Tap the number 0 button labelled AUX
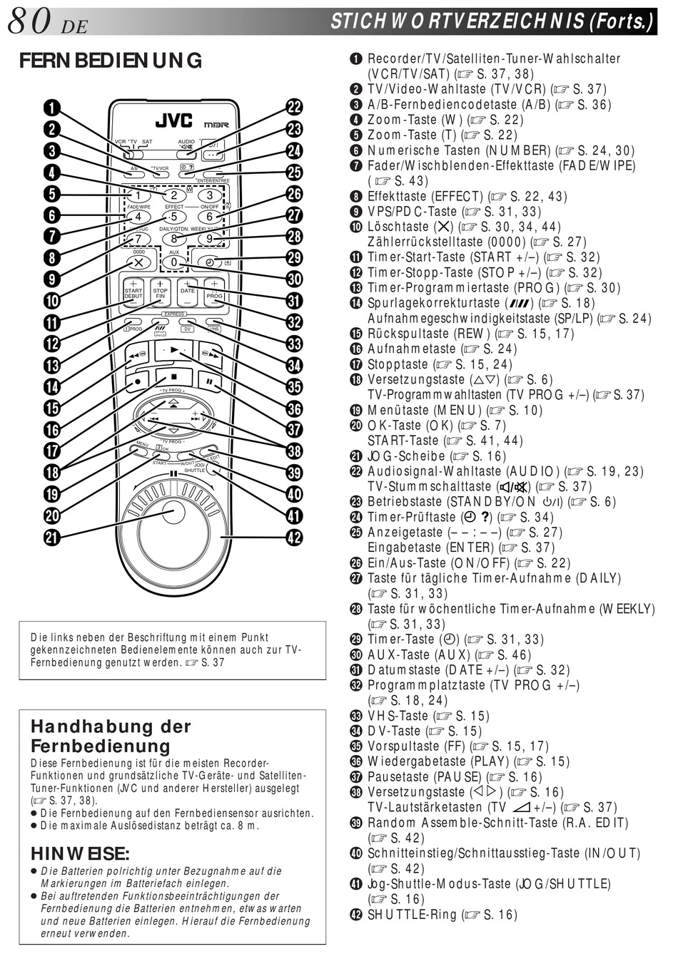pos(173,262)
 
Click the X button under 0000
pos(138,262)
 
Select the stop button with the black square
pos(173,377)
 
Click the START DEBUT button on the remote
pos(133,292)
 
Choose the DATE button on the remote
pos(187,292)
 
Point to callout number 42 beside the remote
pos(294,537)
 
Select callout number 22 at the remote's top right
pos(294,108)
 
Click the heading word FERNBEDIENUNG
pos(111,61)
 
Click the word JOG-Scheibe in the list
pos(405,456)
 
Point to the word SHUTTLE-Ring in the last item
pos(412,915)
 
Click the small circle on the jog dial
pos(172,508)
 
